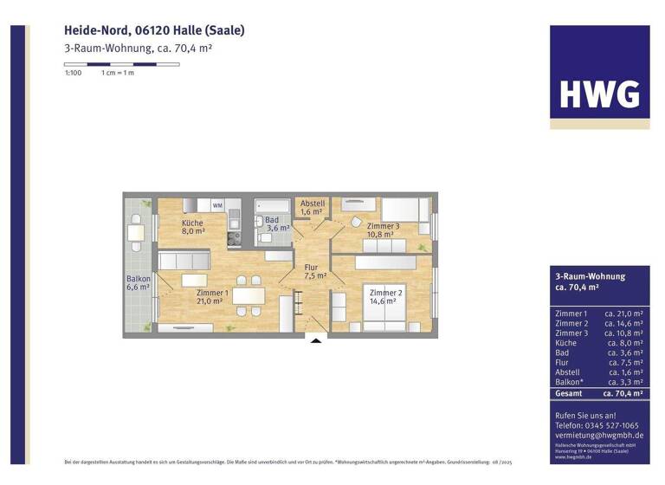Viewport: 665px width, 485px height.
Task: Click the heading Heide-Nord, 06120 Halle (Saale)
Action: (154, 30)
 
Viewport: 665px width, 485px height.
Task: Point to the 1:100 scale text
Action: (73, 73)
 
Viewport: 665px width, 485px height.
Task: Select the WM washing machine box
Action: (217, 205)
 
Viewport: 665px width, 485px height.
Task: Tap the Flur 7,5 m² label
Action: (314, 272)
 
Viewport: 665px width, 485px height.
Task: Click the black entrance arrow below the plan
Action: (315, 339)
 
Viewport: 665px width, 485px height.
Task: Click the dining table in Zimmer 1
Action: (249, 292)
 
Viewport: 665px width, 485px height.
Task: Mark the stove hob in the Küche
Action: (233, 235)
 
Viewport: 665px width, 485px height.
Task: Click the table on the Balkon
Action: (136, 231)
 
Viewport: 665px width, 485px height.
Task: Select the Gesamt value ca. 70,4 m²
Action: (622, 392)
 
